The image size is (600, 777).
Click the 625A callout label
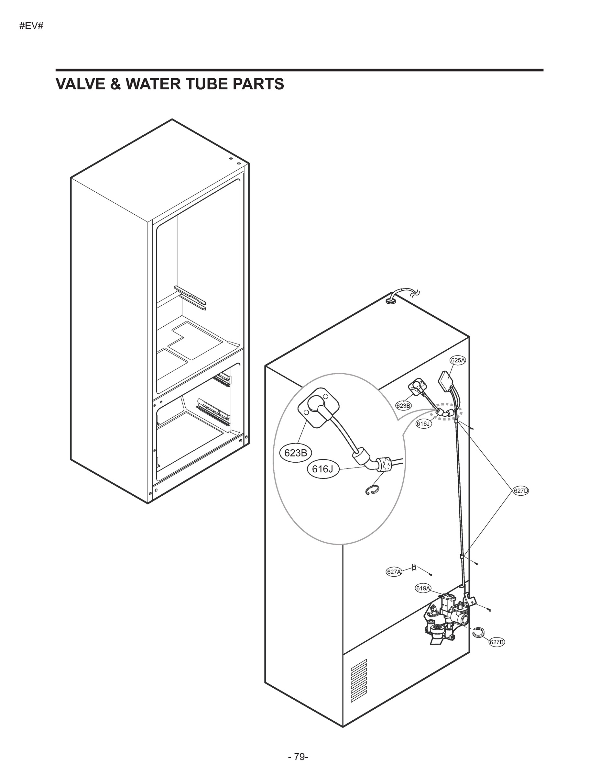[x=458, y=360]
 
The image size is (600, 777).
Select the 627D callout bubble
[x=521, y=491]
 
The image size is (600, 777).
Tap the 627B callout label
[x=496, y=642]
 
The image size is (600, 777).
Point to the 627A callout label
[x=394, y=572]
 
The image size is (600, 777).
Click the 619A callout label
[x=423, y=589]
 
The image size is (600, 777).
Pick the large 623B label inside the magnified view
[x=296, y=453]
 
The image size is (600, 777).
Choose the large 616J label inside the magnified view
[x=323, y=469]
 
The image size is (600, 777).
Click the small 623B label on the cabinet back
[x=403, y=405]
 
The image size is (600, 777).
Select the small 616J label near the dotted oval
[x=424, y=423]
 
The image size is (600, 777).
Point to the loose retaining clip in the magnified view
[x=372, y=490]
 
